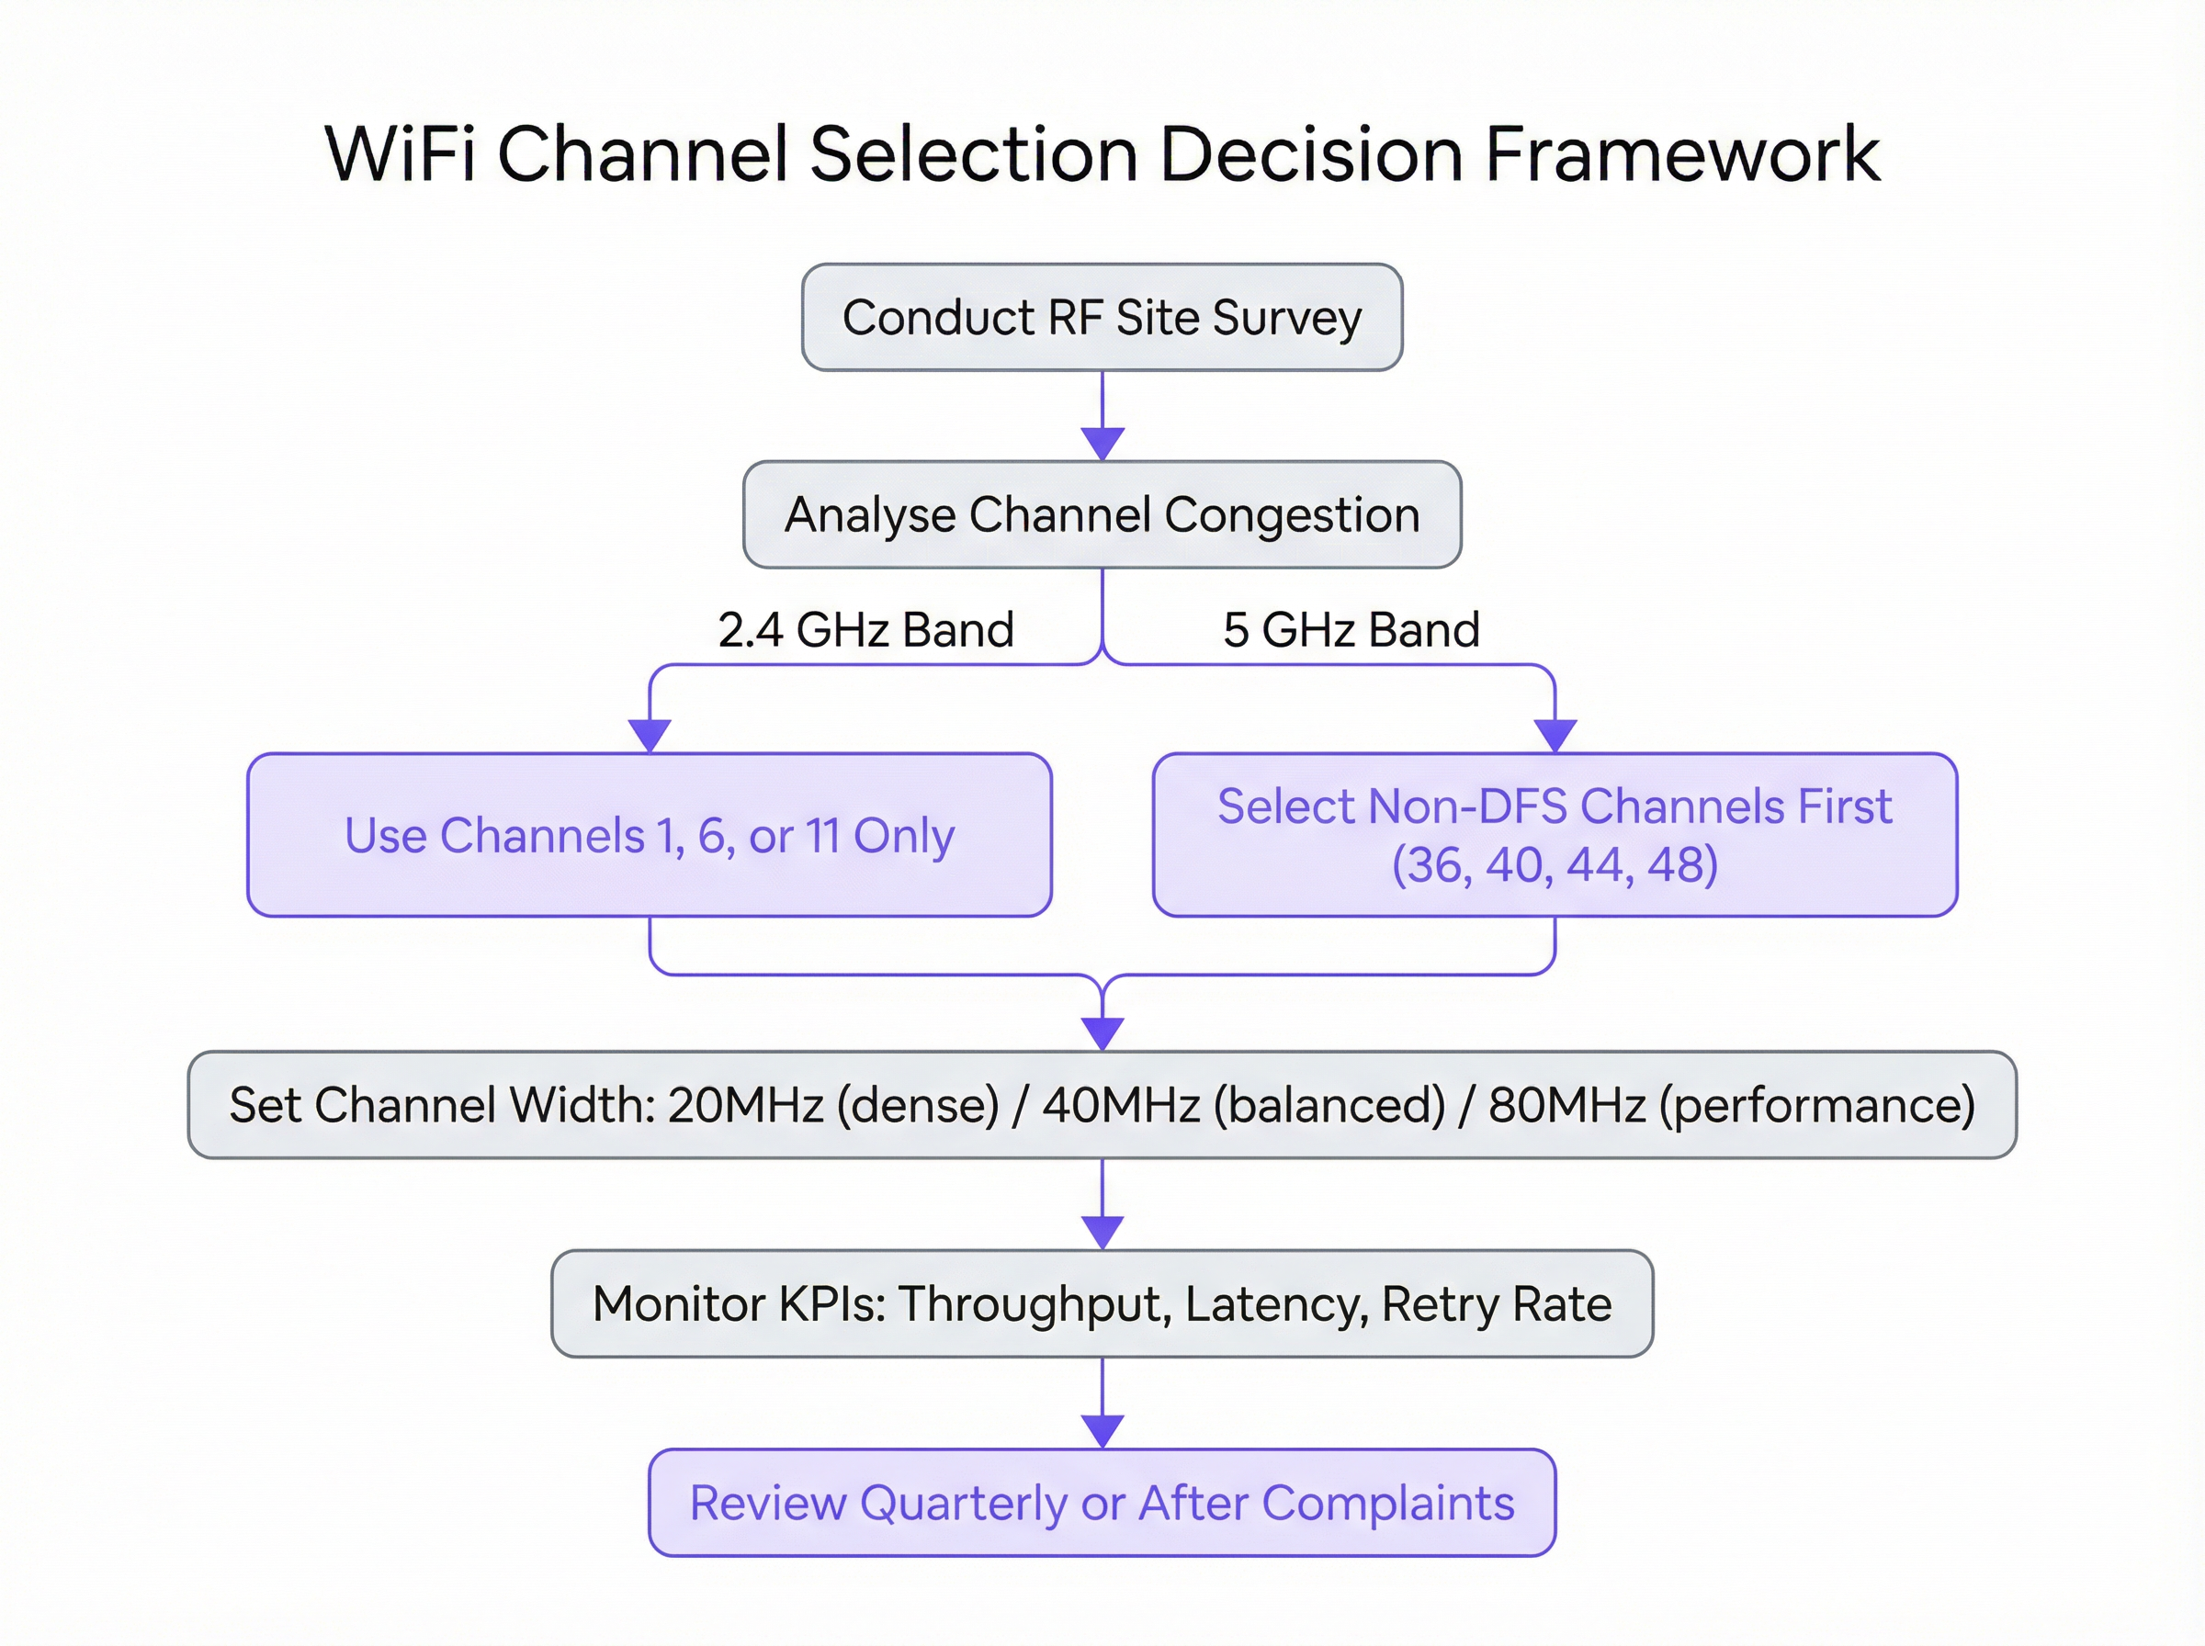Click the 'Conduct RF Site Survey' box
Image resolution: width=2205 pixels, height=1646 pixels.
pyautogui.click(x=1102, y=318)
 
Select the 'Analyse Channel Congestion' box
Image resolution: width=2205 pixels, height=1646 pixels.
pyautogui.click(x=1102, y=515)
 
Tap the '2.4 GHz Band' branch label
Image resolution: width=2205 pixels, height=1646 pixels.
pyautogui.click(x=865, y=630)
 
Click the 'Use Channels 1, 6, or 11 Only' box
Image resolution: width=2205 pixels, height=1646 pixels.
pyautogui.click(x=650, y=835)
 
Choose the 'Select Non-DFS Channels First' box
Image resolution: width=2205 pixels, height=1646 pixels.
pyautogui.click(x=1555, y=835)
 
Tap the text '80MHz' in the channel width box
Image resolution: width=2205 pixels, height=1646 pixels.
pyautogui.click(x=1566, y=1105)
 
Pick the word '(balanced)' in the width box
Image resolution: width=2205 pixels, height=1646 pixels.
pyautogui.click(x=1329, y=1105)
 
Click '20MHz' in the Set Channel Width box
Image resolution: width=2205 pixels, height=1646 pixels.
pyautogui.click(x=745, y=1105)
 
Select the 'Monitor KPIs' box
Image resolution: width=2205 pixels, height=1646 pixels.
pyautogui.click(x=1102, y=1303)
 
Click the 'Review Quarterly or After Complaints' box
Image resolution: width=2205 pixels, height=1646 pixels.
pyautogui.click(x=1102, y=1503)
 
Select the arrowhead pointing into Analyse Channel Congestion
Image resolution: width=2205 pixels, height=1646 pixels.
pyautogui.click(x=1102, y=444)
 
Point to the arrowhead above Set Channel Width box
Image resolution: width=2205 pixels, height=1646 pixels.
pyautogui.click(x=1102, y=1033)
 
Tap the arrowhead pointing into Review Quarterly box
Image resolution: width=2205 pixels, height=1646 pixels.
pyautogui.click(x=1102, y=1431)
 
